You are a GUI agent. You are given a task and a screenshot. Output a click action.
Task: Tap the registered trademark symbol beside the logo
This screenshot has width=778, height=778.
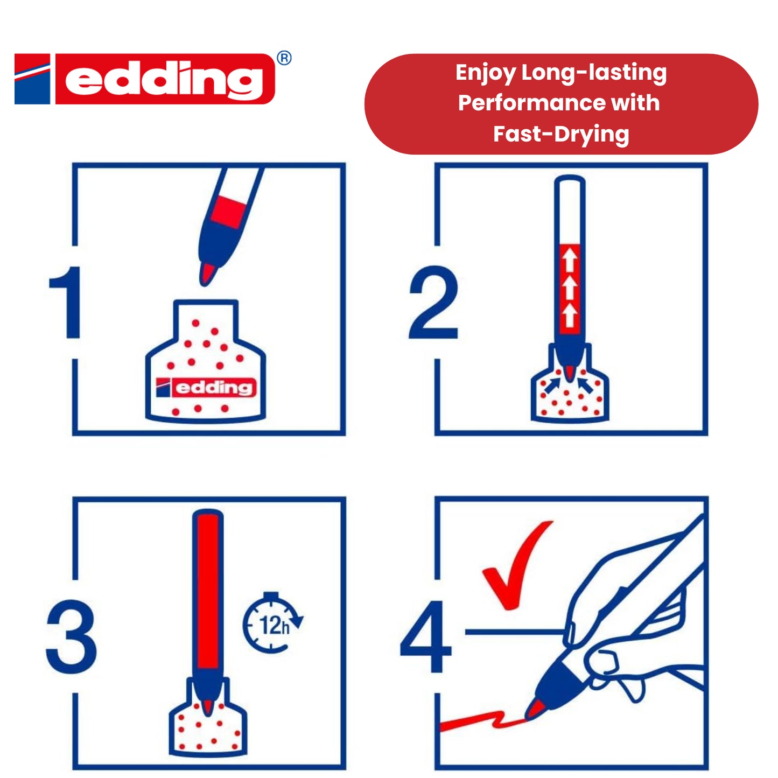click(284, 58)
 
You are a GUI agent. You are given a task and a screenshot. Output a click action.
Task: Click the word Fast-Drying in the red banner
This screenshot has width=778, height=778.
click(561, 134)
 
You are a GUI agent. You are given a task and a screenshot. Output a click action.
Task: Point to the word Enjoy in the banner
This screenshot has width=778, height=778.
click(485, 73)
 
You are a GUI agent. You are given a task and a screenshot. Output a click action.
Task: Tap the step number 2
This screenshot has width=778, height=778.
click(433, 303)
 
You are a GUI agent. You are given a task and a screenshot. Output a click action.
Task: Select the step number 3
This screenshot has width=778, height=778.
click(72, 636)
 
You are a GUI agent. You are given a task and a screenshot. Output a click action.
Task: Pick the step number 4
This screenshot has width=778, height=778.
click(425, 636)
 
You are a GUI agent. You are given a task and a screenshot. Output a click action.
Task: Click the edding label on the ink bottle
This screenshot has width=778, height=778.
click(206, 387)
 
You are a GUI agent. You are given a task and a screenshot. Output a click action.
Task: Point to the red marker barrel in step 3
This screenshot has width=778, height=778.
click(208, 592)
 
